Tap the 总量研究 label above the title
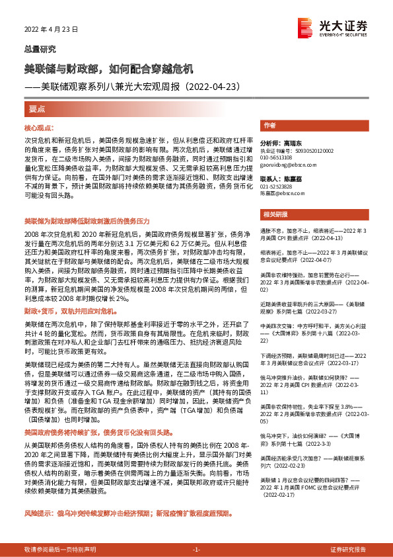(40, 49)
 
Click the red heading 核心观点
(39, 126)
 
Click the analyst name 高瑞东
(291, 143)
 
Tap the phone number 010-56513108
(277, 157)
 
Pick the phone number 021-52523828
(277, 187)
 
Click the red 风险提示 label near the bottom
(36, 513)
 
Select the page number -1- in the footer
(196, 550)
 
